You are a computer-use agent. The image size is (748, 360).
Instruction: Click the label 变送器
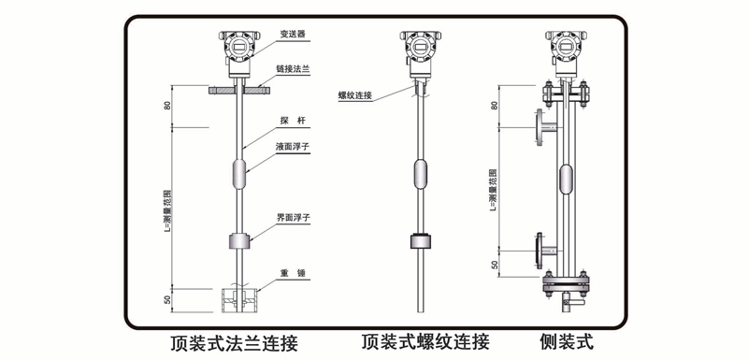click(x=292, y=35)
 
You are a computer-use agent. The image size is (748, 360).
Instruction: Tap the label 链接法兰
click(x=293, y=69)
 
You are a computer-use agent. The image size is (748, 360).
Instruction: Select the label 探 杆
click(x=293, y=122)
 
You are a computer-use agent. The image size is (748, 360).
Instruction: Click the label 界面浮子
click(x=294, y=219)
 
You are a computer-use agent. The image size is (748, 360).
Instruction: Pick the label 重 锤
click(x=293, y=273)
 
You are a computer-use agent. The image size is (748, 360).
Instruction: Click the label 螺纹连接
click(x=355, y=94)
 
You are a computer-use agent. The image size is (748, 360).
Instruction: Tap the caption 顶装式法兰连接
click(x=235, y=343)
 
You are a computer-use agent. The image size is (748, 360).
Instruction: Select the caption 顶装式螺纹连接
click(x=425, y=342)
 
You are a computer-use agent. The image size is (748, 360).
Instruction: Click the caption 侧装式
click(x=567, y=342)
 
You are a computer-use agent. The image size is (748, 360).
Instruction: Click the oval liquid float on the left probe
click(x=239, y=175)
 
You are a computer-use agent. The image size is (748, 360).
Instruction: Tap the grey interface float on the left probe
click(x=239, y=240)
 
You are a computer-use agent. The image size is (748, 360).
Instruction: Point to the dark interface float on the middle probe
click(x=420, y=240)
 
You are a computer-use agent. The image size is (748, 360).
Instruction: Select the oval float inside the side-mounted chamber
click(x=567, y=179)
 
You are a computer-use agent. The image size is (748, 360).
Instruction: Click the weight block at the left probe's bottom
click(x=239, y=300)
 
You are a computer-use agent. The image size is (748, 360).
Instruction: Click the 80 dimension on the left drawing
click(x=167, y=106)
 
